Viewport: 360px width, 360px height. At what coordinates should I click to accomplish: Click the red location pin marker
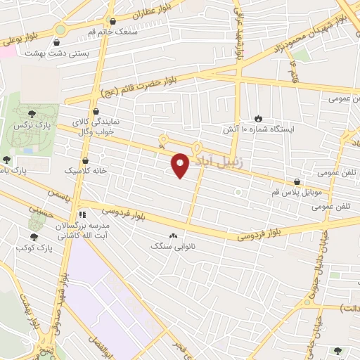click(x=181, y=165)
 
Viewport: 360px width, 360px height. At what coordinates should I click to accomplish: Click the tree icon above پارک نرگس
click(x=32, y=112)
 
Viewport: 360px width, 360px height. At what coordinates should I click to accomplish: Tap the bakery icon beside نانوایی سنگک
click(x=173, y=236)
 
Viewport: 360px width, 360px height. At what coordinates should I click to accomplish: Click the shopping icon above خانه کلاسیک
click(x=85, y=160)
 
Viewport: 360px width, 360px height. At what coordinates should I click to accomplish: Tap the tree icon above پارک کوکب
click(x=33, y=237)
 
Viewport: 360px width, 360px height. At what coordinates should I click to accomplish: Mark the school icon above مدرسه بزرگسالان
click(x=82, y=214)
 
